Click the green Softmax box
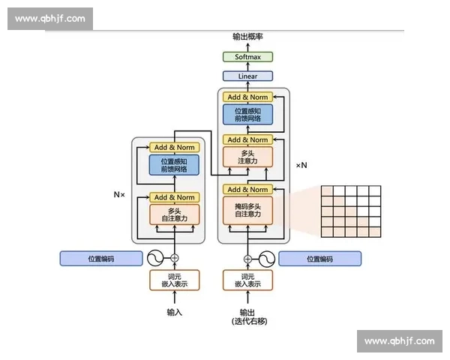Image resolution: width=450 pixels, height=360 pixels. coord(247,57)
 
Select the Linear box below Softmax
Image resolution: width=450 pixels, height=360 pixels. coord(247,76)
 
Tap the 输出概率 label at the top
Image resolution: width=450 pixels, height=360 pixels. coord(247,37)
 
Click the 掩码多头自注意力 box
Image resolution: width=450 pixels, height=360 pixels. coord(247,210)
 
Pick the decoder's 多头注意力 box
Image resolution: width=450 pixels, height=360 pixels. coord(247,157)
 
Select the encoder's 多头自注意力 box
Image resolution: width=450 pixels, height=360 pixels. coord(174,214)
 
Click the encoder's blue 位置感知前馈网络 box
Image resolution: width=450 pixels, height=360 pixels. coord(174,165)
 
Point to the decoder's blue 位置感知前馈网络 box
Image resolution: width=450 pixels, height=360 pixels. coord(247,115)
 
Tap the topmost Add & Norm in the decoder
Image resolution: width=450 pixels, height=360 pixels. coord(247,97)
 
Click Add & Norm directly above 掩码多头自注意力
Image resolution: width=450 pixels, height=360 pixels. coord(247,190)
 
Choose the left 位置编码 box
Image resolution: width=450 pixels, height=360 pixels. coord(101,259)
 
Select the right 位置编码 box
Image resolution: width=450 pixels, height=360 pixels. coord(319,259)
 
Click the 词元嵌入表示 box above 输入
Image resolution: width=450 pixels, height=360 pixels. coord(174,280)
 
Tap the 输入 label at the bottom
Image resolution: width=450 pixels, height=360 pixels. coord(174,312)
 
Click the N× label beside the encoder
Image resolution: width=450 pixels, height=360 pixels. coord(120,194)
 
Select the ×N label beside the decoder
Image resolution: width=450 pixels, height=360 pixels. coord(301,165)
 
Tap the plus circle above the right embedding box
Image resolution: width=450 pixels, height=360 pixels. coord(247,259)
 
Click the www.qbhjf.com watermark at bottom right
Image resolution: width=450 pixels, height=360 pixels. coord(398,341)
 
